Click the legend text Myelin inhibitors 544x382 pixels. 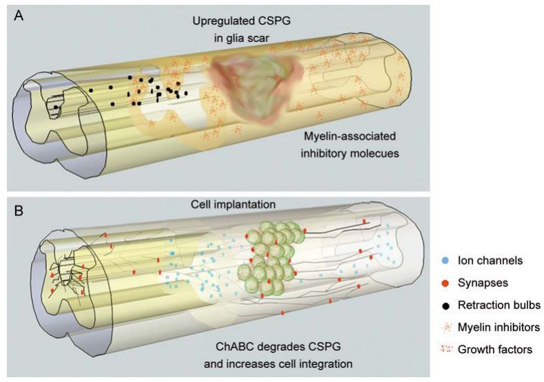click(x=498, y=327)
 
